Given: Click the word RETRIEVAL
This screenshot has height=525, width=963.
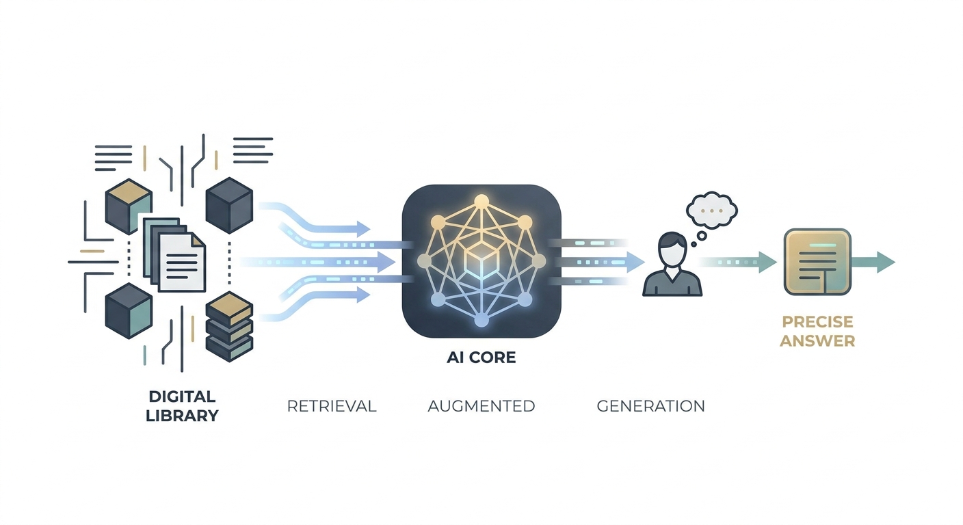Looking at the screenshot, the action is [x=332, y=406].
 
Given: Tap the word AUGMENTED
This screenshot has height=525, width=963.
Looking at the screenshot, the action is [x=481, y=406].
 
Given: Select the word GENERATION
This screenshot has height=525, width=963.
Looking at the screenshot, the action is [x=651, y=406].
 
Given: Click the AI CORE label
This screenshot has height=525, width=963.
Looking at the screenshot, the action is [x=481, y=358].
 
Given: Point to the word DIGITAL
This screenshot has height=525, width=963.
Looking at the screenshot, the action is [x=182, y=396].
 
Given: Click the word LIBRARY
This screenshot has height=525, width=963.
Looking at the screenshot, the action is [x=183, y=416].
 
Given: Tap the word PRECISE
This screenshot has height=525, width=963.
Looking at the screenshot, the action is [x=817, y=322].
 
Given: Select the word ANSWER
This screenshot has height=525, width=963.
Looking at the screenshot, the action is [x=817, y=341].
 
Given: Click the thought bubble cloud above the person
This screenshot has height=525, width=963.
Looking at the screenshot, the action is [x=712, y=211].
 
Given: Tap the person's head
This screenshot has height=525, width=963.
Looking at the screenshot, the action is [x=672, y=250].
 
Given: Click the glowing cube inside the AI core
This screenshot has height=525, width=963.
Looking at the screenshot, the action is [x=481, y=258].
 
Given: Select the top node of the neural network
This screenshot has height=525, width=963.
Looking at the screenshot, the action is [x=481, y=201].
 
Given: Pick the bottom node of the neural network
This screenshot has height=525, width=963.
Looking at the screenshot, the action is [x=481, y=320].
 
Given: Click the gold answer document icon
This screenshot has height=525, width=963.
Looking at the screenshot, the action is [x=817, y=262].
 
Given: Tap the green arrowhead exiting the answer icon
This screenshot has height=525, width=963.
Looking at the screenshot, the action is [x=886, y=262].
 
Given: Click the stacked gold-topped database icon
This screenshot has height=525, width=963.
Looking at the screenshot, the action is [x=229, y=327].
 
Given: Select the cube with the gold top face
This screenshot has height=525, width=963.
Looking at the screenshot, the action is [x=129, y=206].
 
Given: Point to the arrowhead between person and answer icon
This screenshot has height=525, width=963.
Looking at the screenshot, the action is [x=767, y=262].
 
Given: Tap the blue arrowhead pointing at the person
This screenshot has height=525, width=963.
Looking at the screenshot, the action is [x=635, y=262].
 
